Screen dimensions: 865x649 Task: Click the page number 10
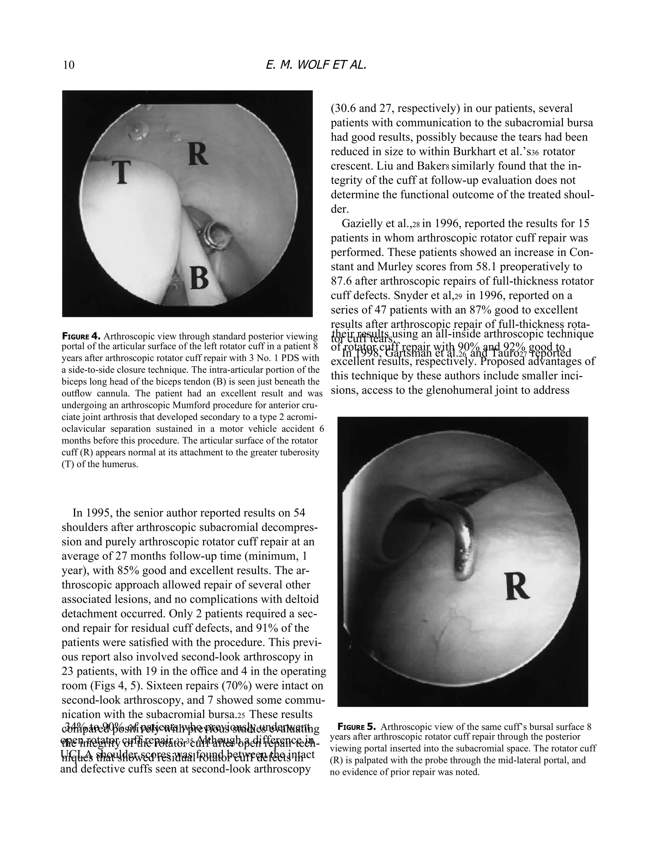click(x=68, y=65)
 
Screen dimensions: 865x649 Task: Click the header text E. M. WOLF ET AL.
click(x=315, y=65)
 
